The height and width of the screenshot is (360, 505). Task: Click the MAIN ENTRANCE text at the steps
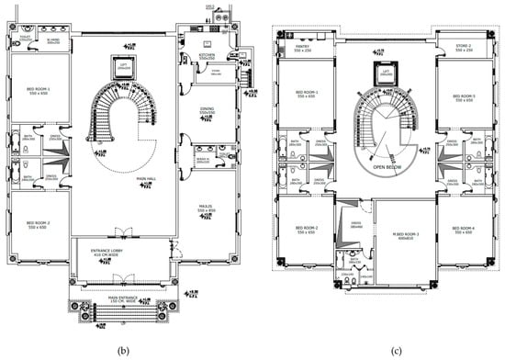click(124, 298)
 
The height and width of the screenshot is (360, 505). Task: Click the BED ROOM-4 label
click(455, 231)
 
